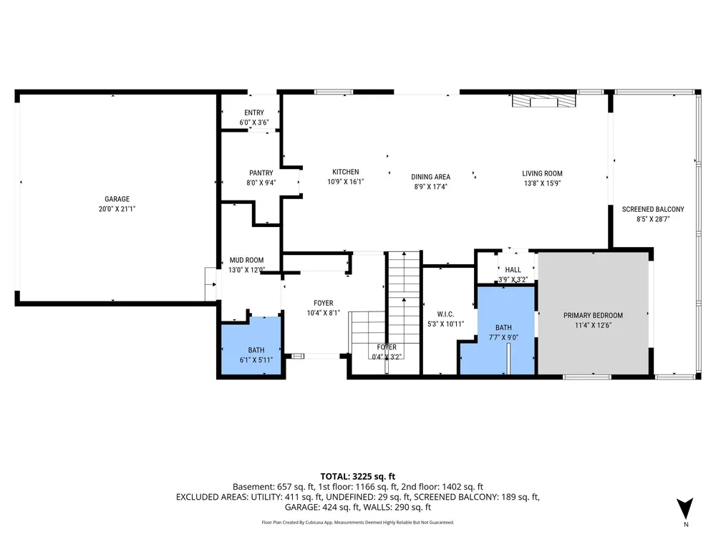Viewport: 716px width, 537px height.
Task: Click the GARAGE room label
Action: point(117,199)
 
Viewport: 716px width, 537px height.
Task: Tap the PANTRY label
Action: point(261,173)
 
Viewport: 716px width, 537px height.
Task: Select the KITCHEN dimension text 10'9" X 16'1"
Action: point(346,182)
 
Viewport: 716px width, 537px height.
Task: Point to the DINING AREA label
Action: point(430,177)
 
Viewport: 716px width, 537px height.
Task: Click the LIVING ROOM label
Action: point(542,173)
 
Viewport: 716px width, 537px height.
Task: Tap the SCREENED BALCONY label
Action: point(653,209)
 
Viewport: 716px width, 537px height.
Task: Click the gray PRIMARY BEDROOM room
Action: point(593,314)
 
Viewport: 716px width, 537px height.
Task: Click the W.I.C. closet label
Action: point(445,314)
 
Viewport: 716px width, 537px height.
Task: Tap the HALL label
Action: point(513,270)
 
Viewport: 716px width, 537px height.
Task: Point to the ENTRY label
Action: point(254,113)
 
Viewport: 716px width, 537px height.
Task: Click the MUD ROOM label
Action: point(246,261)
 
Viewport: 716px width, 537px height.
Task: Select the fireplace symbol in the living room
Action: point(543,100)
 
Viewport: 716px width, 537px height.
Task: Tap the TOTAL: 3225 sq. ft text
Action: point(357,477)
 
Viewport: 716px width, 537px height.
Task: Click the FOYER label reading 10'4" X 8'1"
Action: point(324,303)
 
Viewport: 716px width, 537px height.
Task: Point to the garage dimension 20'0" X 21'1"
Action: point(117,209)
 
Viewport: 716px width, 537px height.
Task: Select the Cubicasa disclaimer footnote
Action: point(357,523)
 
